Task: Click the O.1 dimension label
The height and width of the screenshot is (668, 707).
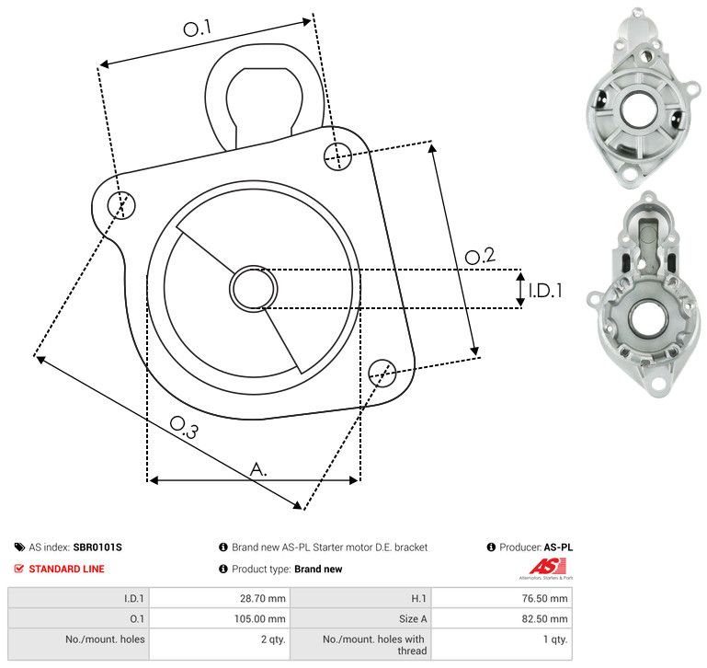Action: click(x=198, y=29)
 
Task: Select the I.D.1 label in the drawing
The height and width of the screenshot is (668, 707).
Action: click(x=544, y=291)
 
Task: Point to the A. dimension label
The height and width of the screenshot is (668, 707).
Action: click(x=259, y=469)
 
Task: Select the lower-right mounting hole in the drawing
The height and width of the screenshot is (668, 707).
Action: click(x=382, y=372)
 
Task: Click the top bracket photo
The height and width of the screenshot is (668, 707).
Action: click(x=637, y=96)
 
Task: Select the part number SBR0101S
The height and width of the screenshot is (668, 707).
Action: click(x=97, y=547)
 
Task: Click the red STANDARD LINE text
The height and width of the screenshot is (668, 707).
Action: click(x=66, y=569)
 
